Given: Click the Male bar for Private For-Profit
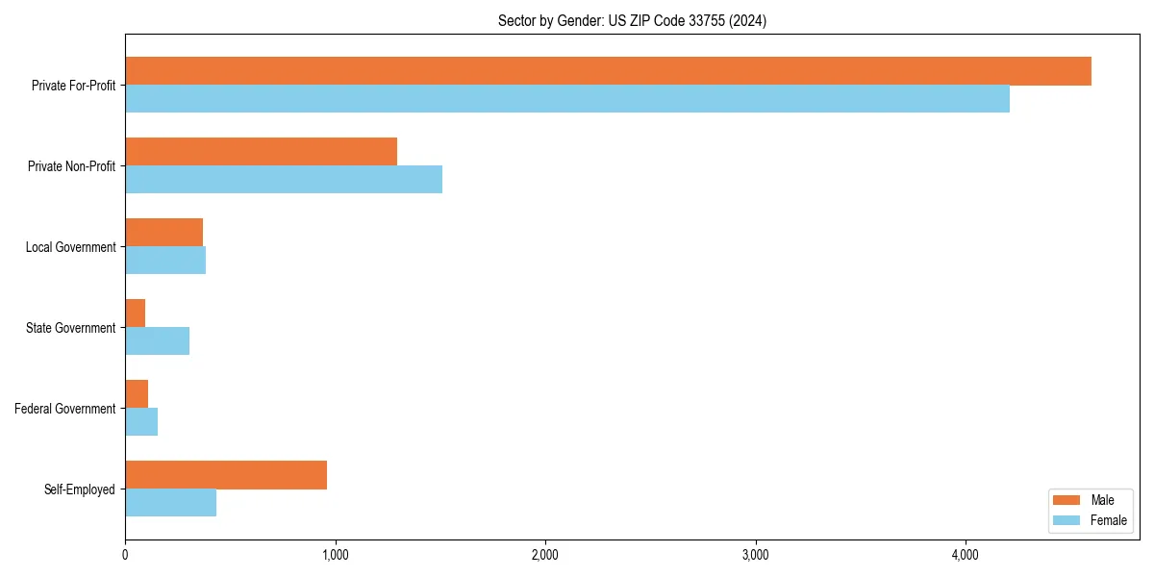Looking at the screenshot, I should tap(608, 71).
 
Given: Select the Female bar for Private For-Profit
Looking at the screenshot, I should tap(567, 99).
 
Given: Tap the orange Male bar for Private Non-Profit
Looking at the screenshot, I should tap(261, 152).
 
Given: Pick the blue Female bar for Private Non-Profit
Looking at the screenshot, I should tap(284, 180).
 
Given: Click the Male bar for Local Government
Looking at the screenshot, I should tap(163, 233).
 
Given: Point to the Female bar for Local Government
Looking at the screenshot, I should tap(165, 261).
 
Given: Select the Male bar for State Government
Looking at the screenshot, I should tap(136, 314).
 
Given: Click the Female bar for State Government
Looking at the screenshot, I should tap(157, 341).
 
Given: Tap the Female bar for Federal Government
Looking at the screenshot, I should tap(141, 422).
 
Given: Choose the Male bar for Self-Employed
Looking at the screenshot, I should tap(226, 475).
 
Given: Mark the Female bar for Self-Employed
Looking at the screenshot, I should tap(170, 503).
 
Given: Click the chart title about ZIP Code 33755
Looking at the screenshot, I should tap(632, 20).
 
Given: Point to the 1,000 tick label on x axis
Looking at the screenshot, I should tap(335, 555).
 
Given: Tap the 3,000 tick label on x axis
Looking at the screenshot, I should tap(755, 555).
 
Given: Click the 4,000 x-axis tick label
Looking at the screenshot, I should tap(965, 555).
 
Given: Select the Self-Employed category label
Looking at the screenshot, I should tap(80, 489).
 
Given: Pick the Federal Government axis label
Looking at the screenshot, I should tap(65, 409).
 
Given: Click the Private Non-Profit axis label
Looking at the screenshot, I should tap(71, 166).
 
